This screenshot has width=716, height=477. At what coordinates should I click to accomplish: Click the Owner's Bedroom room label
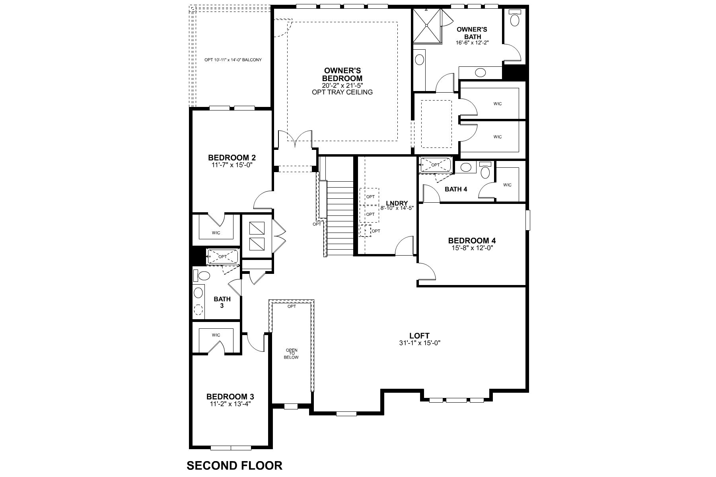tap(342, 74)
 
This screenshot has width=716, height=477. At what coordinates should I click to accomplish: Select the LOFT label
tap(419, 336)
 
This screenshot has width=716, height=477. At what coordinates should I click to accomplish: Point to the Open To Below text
tap(292, 353)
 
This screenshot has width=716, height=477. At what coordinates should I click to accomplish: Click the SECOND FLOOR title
tap(234, 465)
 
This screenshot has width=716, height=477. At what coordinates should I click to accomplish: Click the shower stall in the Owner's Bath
tap(427, 25)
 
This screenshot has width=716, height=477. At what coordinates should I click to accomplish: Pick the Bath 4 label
tap(455, 189)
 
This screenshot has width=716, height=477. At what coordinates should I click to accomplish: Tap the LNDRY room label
tap(394, 203)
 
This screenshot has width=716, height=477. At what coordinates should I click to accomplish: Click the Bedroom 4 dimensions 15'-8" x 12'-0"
tap(472, 248)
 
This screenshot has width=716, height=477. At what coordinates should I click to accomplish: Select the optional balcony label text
tap(233, 60)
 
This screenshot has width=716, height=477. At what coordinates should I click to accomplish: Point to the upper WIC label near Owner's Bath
tap(498, 104)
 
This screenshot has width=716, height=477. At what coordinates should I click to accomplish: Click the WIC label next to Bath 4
tap(507, 185)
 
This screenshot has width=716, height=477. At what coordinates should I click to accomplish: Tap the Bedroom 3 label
tap(230, 396)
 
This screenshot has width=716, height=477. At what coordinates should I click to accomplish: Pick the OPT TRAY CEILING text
tap(342, 92)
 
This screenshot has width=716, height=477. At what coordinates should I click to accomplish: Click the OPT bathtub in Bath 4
tap(436, 165)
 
